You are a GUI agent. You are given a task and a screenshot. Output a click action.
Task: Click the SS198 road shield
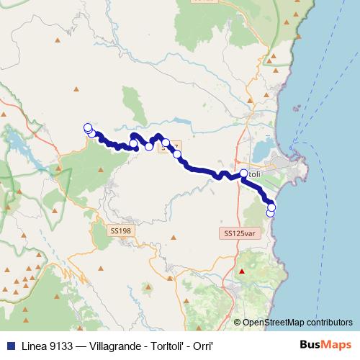click(x=121, y=231)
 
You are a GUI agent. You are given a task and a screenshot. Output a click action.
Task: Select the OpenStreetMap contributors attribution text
click(x=297, y=323)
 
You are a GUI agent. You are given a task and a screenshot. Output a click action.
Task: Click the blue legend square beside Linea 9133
click(x=7, y=344)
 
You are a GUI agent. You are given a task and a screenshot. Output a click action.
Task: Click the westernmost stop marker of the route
click(x=88, y=127)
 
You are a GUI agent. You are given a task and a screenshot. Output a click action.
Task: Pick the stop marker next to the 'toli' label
click(x=244, y=173)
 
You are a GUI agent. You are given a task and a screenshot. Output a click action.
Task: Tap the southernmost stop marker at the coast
click(x=271, y=212)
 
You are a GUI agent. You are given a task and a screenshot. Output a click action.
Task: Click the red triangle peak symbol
click(x=242, y=271)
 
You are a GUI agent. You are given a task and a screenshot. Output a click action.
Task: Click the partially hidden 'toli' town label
click(x=255, y=174)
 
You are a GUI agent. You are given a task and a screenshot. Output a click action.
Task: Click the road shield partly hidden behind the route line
click(x=173, y=146)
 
